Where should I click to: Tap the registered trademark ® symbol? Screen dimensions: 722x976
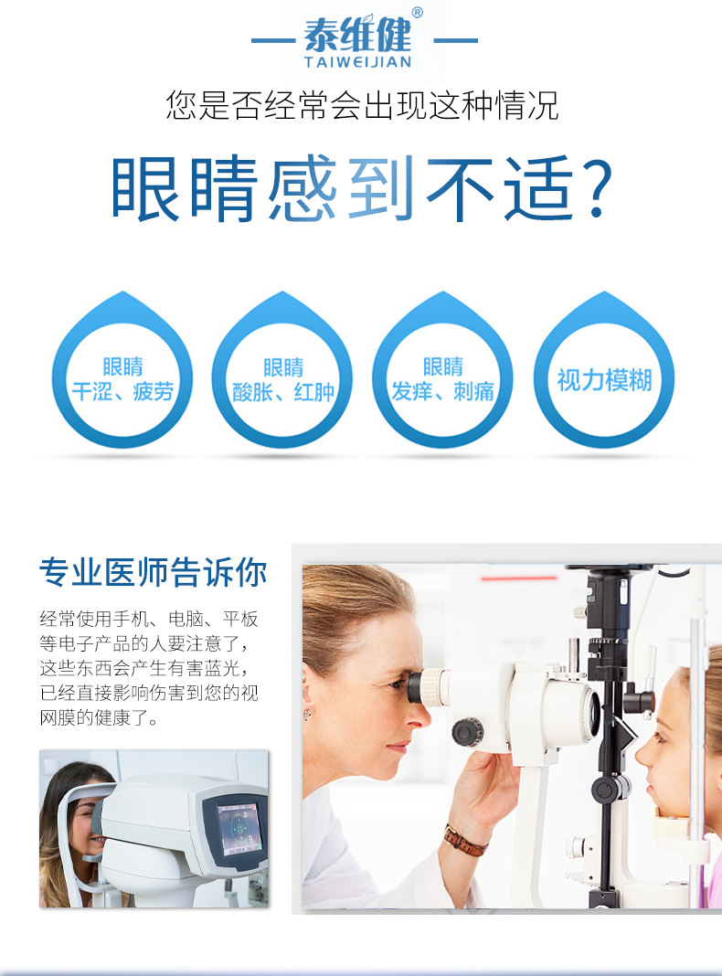click(417, 13)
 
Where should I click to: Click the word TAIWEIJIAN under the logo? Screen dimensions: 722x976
click(358, 61)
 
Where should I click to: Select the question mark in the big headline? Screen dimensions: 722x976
click(594, 188)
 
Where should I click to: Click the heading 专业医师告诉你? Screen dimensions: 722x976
click(153, 572)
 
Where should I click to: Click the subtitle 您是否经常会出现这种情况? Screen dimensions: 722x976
click(361, 104)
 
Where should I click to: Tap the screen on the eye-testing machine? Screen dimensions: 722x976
click(238, 829)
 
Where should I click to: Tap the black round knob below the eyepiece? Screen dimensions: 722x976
click(467, 732)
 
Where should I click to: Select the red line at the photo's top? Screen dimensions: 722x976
click(518, 578)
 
